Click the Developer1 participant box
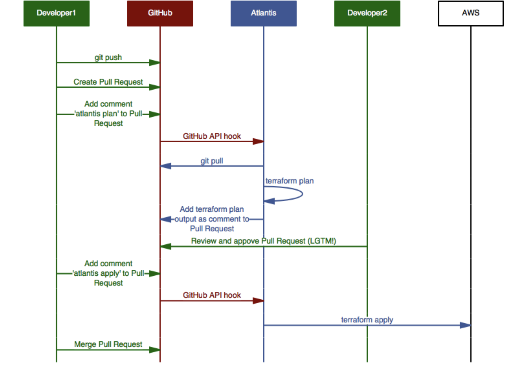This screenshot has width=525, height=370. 56,13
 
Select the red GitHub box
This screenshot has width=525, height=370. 160,13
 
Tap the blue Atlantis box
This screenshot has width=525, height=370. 264,13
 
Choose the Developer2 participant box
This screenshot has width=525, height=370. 367,13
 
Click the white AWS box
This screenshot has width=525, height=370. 471,13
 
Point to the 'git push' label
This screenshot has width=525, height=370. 108,58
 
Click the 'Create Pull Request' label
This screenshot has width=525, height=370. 108,82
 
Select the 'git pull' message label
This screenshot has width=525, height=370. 212,161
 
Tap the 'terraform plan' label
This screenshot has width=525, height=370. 289,181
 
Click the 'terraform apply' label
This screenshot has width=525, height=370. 367,320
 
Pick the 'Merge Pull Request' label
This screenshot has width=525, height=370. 108,344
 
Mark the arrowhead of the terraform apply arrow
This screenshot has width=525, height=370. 465,325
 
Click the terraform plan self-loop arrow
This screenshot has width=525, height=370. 303,194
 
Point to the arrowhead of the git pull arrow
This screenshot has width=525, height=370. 166,166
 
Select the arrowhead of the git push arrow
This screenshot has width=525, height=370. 155,63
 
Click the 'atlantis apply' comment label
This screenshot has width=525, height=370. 108,273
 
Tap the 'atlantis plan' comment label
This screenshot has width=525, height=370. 108,114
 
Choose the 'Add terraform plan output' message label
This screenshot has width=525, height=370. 212,219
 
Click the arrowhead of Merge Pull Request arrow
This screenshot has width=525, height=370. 155,350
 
